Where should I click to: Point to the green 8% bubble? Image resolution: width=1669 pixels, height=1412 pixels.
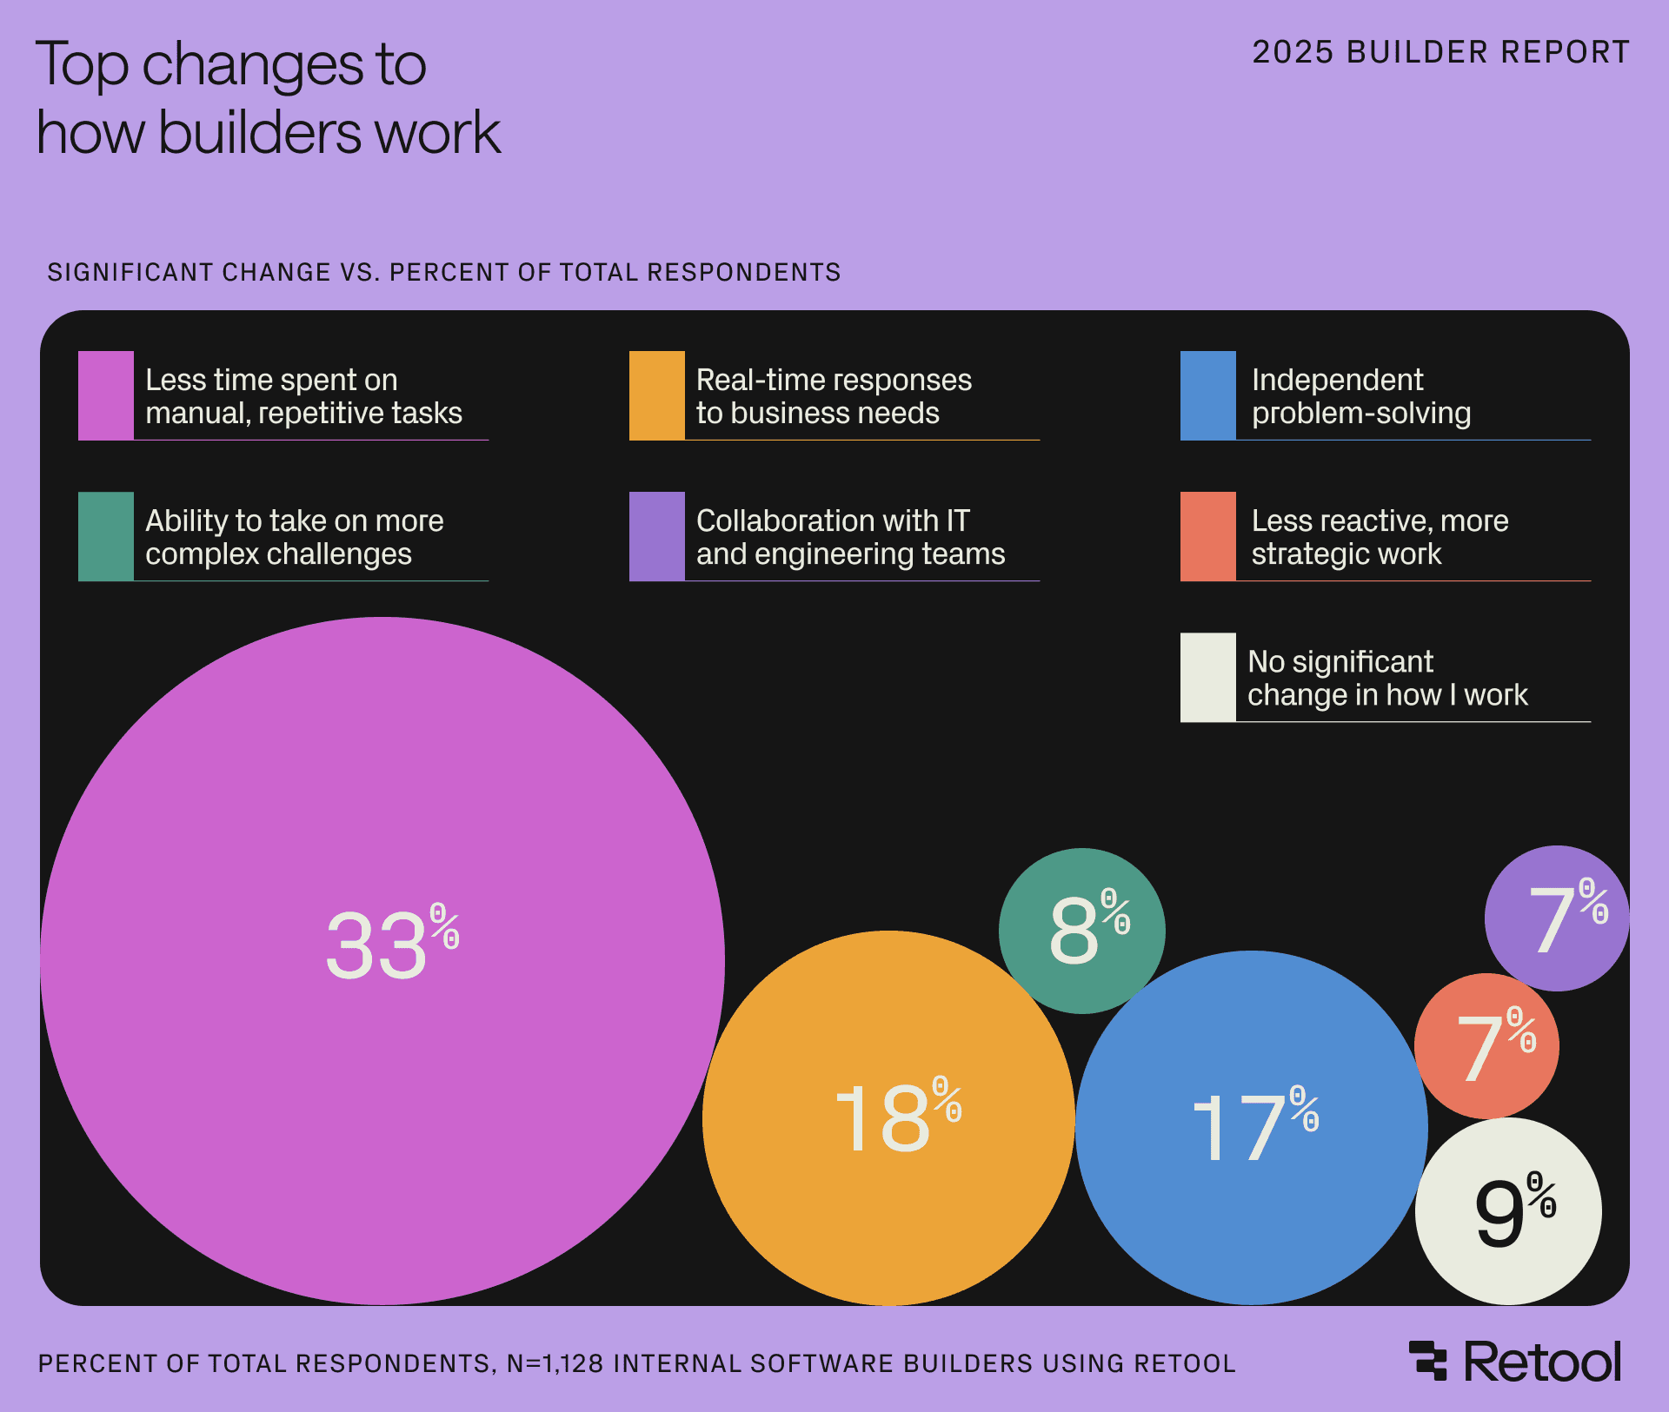[1081, 930]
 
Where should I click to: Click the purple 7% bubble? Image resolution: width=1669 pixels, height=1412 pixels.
[1557, 918]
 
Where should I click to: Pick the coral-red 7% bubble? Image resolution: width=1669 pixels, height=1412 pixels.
[1486, 1046]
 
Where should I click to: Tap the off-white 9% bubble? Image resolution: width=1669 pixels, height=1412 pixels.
[1508, 1211]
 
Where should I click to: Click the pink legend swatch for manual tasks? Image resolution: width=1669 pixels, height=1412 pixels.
[105, 395]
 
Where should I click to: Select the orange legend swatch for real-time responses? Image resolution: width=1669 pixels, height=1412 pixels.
[656, 395]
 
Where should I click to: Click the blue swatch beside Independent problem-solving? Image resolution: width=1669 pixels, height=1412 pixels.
[1207, 395]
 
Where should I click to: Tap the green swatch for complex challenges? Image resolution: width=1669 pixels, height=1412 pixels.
[105, 536]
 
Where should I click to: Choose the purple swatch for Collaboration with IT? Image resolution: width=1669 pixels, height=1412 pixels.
[656, 536]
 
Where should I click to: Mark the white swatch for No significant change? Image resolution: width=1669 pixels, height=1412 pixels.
[1207, 677]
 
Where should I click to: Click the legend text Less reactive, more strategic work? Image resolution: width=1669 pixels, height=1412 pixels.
[1379, 537]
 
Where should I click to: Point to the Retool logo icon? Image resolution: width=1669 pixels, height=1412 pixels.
[1427, 1361]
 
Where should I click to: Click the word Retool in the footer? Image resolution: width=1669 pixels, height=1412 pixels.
[1543, 1362]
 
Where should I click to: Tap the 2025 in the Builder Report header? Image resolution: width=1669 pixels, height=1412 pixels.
[1292, 52]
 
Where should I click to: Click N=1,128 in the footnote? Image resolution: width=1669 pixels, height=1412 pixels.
[555, 1363]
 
